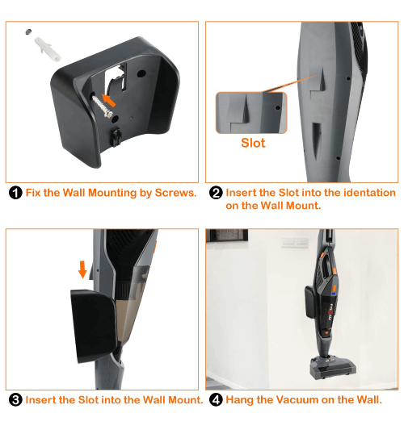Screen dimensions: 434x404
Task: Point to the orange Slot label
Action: pyautogui.click(x=253, y=143)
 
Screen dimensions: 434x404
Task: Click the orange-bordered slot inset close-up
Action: pyautogui.click(x=251, y=112)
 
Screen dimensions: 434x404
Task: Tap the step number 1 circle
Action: pyautogui.click(x=15, y=194)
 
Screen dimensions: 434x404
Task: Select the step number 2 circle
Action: pyautogui.click(x=216, y=194)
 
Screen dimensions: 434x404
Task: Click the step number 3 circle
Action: pyautogui.click(x=15, y=400)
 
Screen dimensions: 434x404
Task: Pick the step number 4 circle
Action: pyautogui.click(x=216, y=400)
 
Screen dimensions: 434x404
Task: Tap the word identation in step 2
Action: pyautogui.click(x=363, y=194)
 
